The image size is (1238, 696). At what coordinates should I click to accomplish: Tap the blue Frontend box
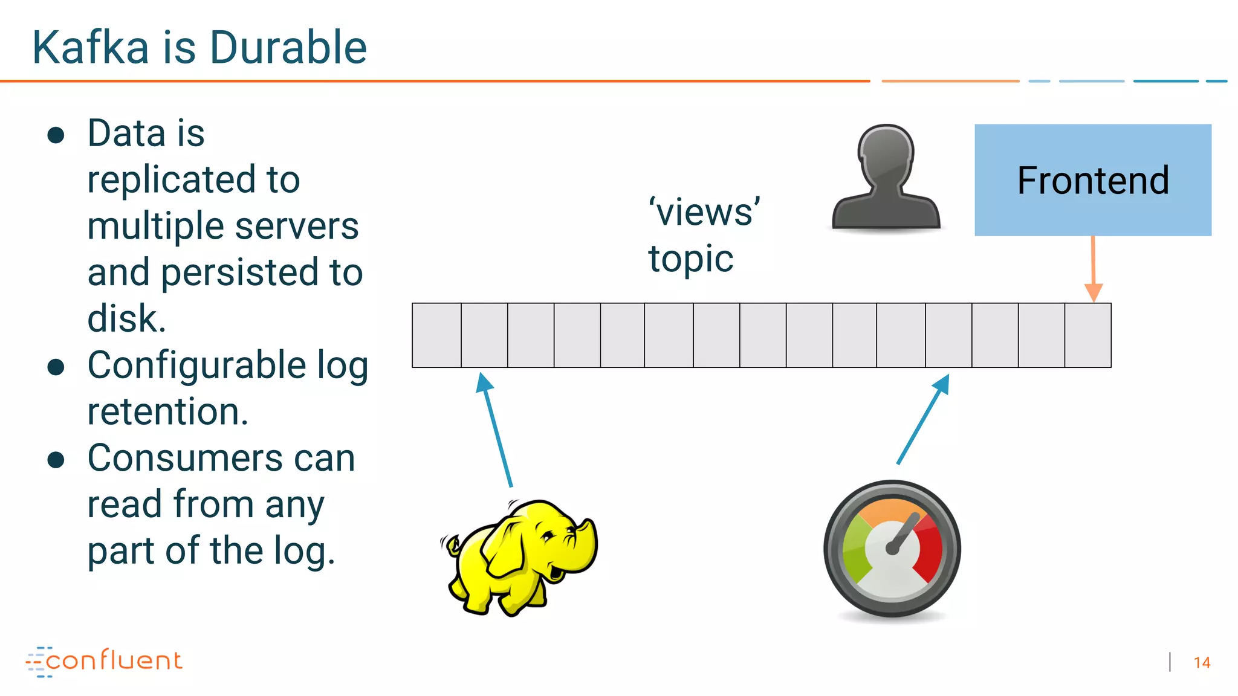pyautogui.click(x=1093, y=180)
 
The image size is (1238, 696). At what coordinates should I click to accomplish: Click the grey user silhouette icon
pyautogui.click(x=886, y=178)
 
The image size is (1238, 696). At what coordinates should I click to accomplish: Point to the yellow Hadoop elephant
pyautogui.click(x=520, y=556)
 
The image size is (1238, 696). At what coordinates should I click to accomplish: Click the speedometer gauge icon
pyautogui.click(x=892, y=549)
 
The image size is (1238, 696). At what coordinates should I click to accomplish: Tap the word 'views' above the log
pyautogui.click(x=705, y=213)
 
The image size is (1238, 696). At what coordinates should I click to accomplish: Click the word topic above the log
pyautogui.click(x=691, y=259)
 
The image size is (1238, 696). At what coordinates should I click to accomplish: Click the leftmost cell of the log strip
pyautogui.click(x=436, y=335)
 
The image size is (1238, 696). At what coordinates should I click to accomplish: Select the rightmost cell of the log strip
pyautogui.click(x=1087, y=335)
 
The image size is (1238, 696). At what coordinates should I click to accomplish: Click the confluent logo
pyautogui.click(x=104, y=661)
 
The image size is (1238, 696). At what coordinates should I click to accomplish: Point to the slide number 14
pyautogui.click(x=1202, y=663)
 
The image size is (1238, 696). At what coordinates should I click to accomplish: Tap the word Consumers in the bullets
pyautogui.click(x=185, y=458)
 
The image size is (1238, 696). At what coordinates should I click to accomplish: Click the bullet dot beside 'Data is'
pyautogui.click(x=56, y=135)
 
